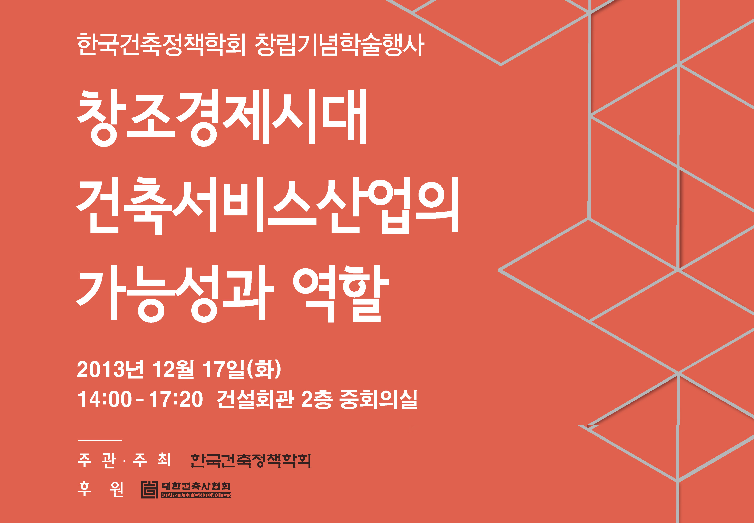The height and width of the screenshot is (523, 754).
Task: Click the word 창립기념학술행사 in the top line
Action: tap(340, 45)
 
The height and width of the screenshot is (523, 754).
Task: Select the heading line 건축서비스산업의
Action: tap(267, 205)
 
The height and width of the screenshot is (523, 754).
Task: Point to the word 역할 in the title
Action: tap(341, 293)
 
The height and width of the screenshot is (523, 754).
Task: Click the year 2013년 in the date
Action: tap(110, 369)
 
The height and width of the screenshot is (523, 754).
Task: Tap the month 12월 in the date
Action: tap(173, 369)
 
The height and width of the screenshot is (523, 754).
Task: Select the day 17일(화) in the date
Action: tap(242, 369)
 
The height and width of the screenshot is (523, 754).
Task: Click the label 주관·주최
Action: tap(124, 460)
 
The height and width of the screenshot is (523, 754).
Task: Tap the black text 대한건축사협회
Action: tap(196, 486)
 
